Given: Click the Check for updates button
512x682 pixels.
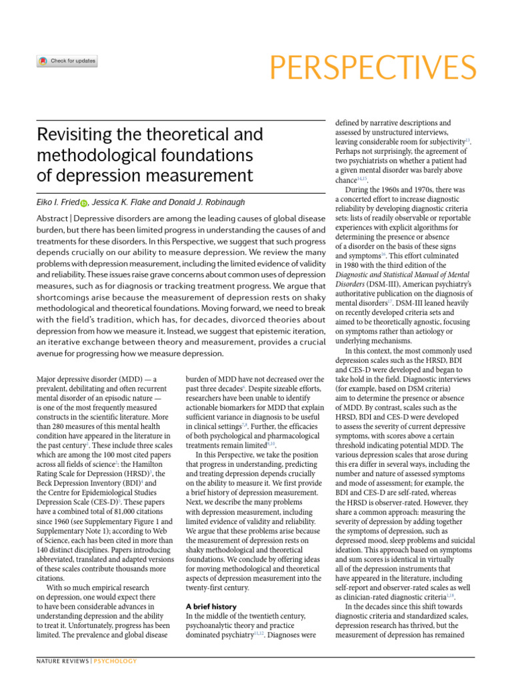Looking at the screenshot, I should tap(67, 61).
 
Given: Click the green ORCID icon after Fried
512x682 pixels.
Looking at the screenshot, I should tap(84, 202).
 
